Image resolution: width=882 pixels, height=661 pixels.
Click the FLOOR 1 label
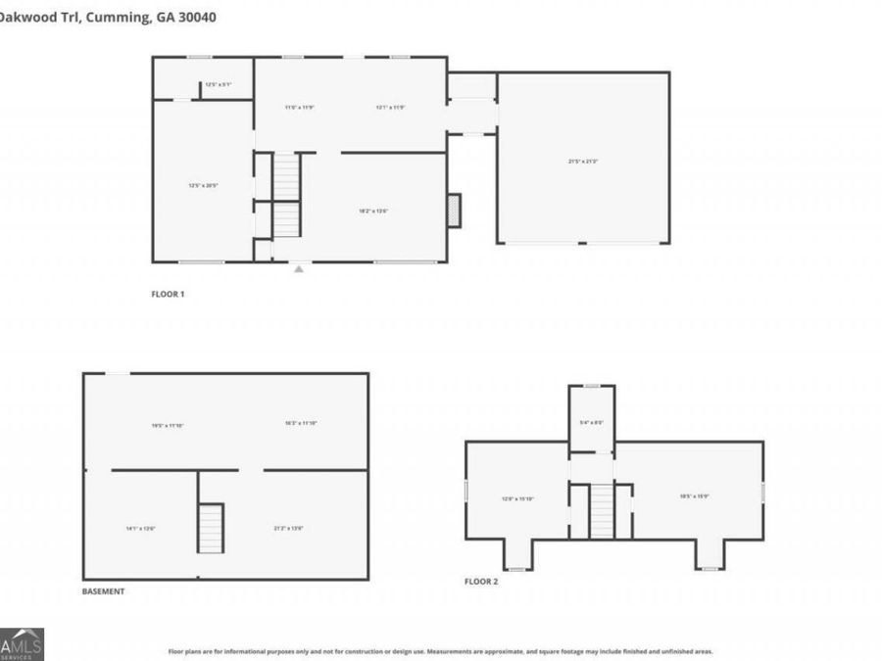(x=167, y=293)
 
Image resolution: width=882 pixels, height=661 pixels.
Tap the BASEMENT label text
(x=103, y=591)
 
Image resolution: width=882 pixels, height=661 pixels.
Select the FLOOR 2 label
(x=481, y=582)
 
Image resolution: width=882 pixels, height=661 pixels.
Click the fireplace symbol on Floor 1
(x=454, y=211)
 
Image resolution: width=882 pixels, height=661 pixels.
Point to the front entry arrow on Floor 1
(x=299, y=266)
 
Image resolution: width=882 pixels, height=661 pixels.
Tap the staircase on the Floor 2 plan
(x=602, y=512)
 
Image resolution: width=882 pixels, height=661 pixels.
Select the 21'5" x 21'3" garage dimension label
(x=582, y=162)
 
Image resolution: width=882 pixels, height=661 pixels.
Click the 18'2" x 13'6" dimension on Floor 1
(x=373, y=211)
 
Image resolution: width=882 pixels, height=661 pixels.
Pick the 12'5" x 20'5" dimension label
(x=203, y=184)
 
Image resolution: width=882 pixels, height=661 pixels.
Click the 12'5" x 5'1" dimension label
(x=218, y=84)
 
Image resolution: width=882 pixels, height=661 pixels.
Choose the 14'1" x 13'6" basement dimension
(x=140, y=529)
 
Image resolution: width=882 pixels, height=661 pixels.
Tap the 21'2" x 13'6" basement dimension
(x=288, y=529)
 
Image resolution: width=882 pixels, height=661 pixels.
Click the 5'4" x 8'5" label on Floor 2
(x=592, y=423)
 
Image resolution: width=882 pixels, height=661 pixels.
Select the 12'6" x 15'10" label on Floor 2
(x=516, y=498)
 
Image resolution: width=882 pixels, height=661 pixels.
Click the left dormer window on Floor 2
(x=516, y=567)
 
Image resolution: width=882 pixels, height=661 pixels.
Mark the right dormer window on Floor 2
(x=710, y=567)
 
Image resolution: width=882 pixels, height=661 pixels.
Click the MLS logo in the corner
(x=22, y=644)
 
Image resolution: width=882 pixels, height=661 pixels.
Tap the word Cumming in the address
(x=117, y=17)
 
